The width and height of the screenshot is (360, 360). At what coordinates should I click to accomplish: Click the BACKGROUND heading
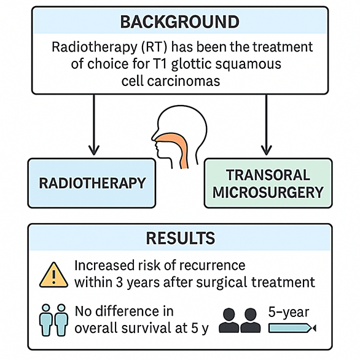coord(180,22)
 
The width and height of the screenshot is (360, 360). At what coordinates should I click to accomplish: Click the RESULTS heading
coord(181,238)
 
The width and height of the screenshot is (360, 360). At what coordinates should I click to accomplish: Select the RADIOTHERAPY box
coord(92,183)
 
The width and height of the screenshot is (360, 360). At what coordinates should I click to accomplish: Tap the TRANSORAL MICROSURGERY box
coord(268,183)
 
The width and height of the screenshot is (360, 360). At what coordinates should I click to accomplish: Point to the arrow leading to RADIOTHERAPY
coord(94,125)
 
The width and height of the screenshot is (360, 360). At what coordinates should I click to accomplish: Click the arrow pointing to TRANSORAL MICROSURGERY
coord(267,125)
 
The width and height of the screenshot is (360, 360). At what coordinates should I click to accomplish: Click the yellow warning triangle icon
coord(53,275)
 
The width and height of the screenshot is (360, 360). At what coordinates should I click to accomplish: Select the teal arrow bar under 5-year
coord(292,328)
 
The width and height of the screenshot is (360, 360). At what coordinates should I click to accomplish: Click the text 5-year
coord(289,312)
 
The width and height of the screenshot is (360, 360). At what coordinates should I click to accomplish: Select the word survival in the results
coord(147,327)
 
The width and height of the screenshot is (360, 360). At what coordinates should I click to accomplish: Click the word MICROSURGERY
coord(268,192)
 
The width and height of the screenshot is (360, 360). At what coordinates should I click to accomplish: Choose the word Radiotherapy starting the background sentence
coord(95,47)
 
